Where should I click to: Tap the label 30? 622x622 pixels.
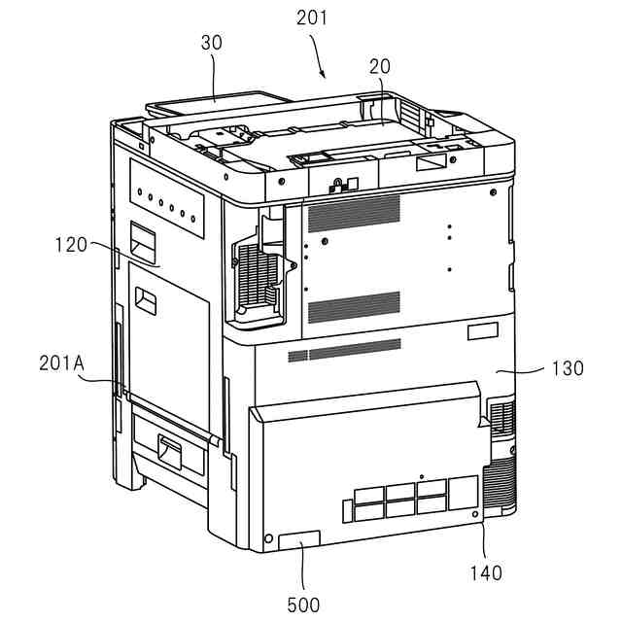pyautogui.click(x=213, y=43)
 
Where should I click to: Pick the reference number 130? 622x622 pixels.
pyautogui.click(x=566, y=368)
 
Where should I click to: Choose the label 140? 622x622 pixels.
pyautogui.click(x=485, y=572)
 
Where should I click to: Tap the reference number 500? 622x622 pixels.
pyautogui.click(x=303, y=604)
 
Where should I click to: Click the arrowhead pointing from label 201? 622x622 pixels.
pyautogui.click(x=322, y=75)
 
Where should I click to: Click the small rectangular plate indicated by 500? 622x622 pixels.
pyautogui.click(x=298, y=540)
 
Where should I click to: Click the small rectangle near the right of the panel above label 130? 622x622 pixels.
pyautogui.click(x=482, y=332)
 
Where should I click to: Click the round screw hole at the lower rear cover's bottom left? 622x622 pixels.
pyautogui.click(x=269, y=537)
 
